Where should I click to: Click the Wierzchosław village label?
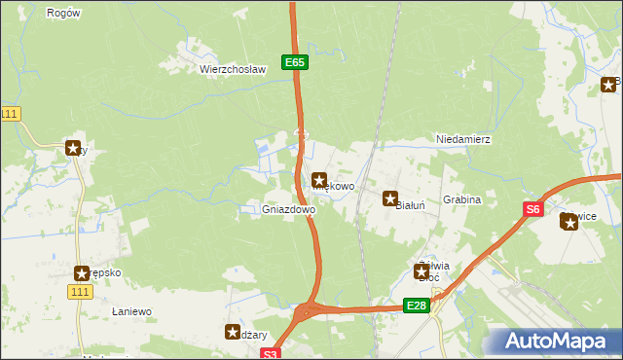coord(233,69)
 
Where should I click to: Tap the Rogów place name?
coord(63,13)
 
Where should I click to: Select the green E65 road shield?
coord(296,62)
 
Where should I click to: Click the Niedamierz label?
coord(463,139)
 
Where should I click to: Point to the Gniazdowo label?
coord(289,209)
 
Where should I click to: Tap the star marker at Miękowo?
coord(319,180)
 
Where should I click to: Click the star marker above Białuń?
coord(390,198)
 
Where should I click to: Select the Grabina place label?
coord(462,199)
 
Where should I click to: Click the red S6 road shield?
coord(532,208)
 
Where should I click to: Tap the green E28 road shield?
coord(416,306)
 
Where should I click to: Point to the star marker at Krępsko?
coord(83,273)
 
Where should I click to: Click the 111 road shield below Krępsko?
coord(81,292)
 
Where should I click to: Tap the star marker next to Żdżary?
coord(233,332)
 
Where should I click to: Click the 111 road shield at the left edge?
coord(10,114)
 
